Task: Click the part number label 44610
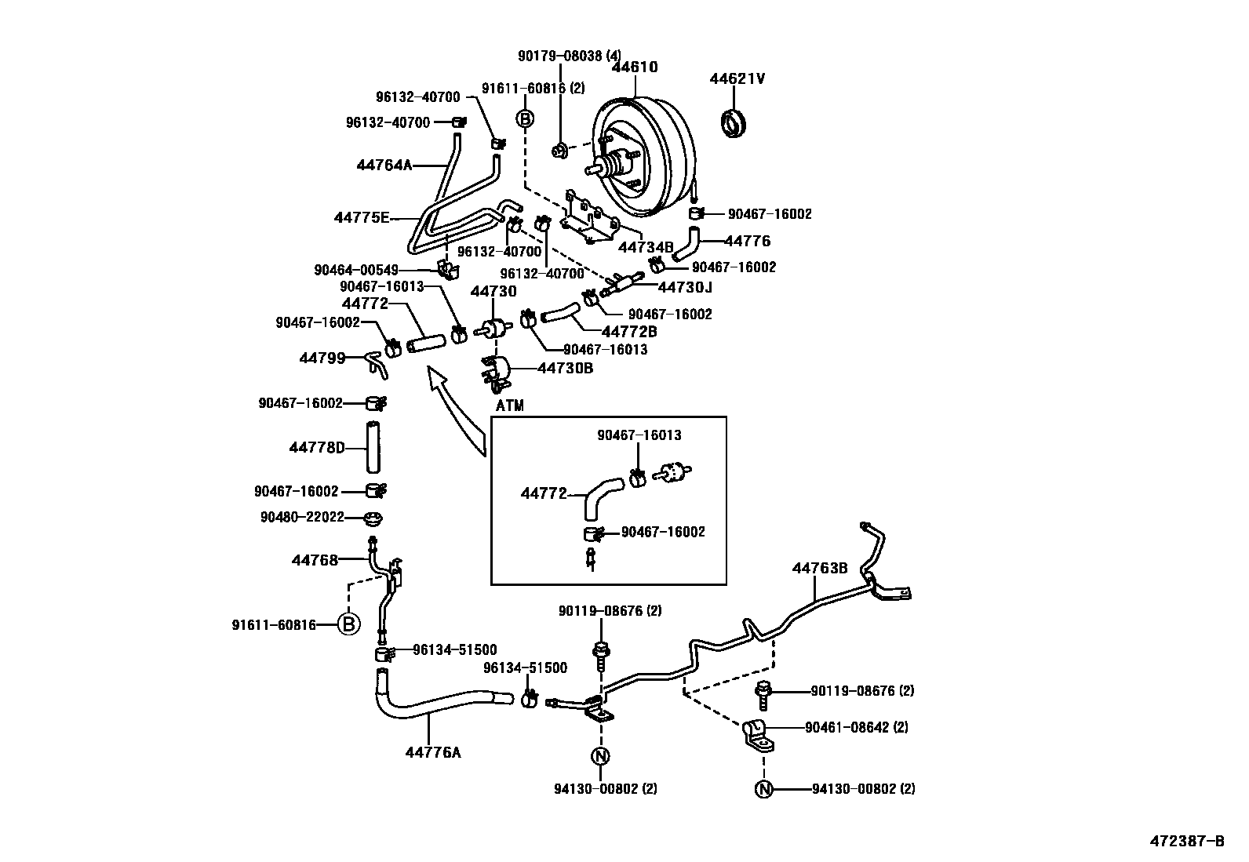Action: [634, 67]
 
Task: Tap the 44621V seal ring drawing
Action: [735, 124]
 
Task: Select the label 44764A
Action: [384, 165]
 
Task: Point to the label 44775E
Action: [362, 217]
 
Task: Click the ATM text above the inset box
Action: [509, 406]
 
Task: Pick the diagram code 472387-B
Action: [1187, 841]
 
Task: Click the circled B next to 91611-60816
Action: [349, 625]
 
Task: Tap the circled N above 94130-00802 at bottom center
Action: [600, 756]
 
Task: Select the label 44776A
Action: [432, 752]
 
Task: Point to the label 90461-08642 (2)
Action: [856, 727]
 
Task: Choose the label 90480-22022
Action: [302, 517]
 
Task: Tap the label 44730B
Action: [565, 367]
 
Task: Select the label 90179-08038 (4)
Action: [569, 56]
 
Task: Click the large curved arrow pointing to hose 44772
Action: [457, 412]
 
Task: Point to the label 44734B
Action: [646, 247]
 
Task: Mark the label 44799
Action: [322, 358]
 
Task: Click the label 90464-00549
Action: [356, 270]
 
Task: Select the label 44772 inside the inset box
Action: [544, 494]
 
